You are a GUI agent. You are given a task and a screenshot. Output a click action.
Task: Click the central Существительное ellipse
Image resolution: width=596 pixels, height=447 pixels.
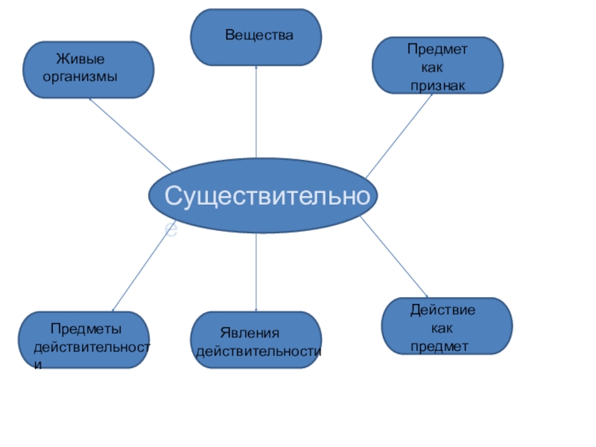262,196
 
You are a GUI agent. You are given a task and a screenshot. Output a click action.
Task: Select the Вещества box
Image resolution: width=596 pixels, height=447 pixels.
256,37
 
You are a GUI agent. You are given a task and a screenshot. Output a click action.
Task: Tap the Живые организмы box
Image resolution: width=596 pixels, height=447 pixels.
89,70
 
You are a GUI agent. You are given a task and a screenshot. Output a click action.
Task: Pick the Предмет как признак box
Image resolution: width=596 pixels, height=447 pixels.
438,66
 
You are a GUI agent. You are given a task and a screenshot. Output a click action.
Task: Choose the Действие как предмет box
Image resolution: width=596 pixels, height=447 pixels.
447,326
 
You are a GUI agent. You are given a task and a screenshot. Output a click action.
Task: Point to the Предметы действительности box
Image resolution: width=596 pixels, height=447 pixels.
83,340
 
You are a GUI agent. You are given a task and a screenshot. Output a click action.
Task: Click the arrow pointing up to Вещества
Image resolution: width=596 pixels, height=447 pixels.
256,112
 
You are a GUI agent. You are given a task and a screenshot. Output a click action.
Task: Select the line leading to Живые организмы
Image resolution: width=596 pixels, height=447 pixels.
130,135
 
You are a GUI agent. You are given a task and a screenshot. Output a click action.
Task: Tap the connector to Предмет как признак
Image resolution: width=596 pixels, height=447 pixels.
399,135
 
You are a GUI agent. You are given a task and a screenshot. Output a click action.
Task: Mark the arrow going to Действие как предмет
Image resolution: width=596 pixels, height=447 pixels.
395,257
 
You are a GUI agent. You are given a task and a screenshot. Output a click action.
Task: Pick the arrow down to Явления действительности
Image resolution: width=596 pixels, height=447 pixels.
256,272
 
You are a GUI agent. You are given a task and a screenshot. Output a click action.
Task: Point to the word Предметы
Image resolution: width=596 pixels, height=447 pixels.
86,329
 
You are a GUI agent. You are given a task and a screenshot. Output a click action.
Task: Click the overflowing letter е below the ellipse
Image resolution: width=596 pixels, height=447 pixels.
171,231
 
